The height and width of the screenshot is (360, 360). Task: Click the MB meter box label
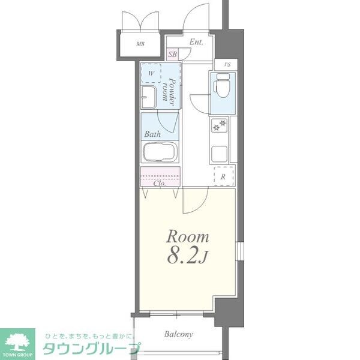(140, 44)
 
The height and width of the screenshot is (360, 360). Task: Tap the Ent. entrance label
(196, 42)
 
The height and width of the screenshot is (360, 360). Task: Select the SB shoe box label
(173, 55)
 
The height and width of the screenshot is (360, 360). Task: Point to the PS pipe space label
(227, 65)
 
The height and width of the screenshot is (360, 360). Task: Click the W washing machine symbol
(152, 74)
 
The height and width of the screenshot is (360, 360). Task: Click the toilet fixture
(222, 87)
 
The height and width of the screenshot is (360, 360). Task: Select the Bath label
(151, 134)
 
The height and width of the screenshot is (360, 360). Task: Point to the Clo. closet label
(159, 184)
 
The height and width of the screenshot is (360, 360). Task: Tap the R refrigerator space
(223, 176)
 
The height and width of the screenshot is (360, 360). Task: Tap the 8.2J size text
(187, 257)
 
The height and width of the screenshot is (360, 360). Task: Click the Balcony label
(179, 334)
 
